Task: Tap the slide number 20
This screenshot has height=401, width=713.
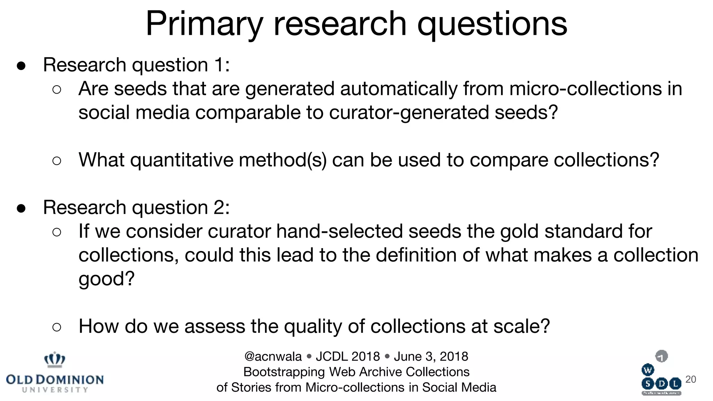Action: [x=691, y=379]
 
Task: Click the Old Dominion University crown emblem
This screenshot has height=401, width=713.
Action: [x=55, y=360]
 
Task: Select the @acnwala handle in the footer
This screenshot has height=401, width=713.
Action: [x=273, y=356]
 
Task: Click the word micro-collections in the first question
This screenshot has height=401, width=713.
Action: [x=586, y=89]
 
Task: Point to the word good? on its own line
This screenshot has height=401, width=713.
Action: [x=107, y=279]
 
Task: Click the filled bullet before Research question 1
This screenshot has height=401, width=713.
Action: [x=21, y=66]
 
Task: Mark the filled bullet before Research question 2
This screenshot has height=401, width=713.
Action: [x=21, y=209]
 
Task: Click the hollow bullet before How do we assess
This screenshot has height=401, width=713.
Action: [x=57, y=327]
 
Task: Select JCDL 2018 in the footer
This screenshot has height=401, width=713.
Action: [x=348, y=356]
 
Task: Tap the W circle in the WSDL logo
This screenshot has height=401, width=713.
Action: [x=648, y=370]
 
